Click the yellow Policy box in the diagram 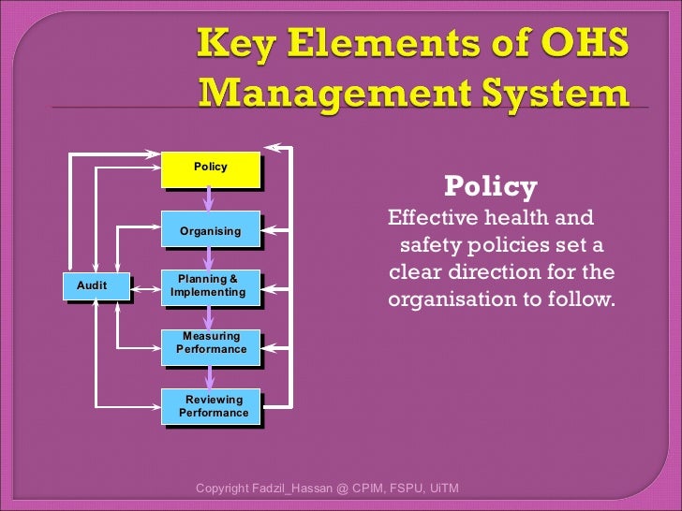click(x=210, y=168)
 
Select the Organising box click(x=210, y=230)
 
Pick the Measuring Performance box click(x=211, y=343)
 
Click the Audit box click(x=93, y=285)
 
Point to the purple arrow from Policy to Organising click(x=210, y=198)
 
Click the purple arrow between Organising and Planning click(x=210, y=257)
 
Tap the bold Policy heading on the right click(x=490, y=187)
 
